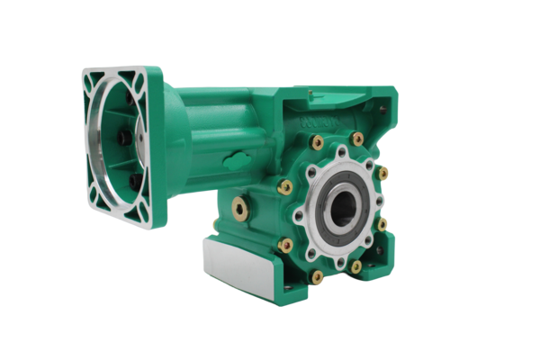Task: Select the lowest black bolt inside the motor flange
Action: pyautogui.click(x=135, y=181)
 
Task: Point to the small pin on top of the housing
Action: pyautogui.click(x=311, y=92)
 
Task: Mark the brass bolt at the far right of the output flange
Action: pyautogui.click(x=383, y=173)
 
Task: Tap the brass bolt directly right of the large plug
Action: pyautogui.click(x=286, y=187)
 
